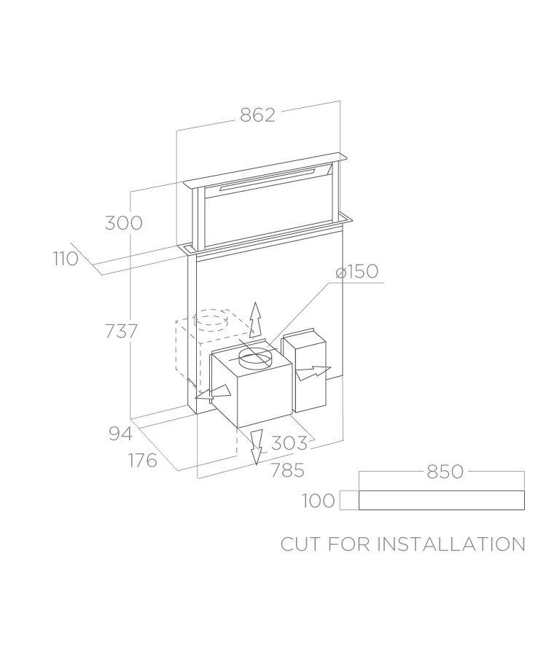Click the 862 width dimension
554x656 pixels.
[258, 115]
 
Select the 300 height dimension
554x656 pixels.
[123, 222]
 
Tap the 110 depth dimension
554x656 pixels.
[66, 259]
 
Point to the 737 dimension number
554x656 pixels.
[121, 332]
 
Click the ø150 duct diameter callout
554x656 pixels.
[357, 271]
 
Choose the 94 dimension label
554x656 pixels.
[120, 434]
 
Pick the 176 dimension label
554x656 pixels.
[143, 460]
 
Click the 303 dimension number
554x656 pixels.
[289, 442]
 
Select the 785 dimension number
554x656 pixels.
[287, 470]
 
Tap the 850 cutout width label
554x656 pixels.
[445, 472]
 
